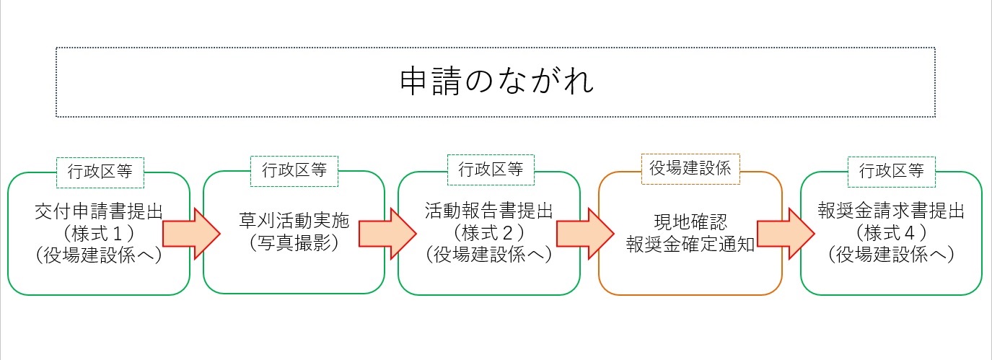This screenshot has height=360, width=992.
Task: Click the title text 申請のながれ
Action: [x=496, y=82]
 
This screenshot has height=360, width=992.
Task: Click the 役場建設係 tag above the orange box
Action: [x=690, y=169]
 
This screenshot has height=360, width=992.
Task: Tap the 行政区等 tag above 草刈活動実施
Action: [x=294, y=170]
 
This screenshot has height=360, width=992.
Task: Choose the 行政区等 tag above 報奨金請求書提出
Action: [x=891, y=171]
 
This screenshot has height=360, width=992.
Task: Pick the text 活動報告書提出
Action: [x=489, y=211]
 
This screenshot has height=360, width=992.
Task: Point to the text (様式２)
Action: [x=489, y=232]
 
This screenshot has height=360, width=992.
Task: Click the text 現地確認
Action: [x=690, y=221]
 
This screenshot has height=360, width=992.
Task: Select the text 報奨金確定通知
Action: [x=690, y=244]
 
